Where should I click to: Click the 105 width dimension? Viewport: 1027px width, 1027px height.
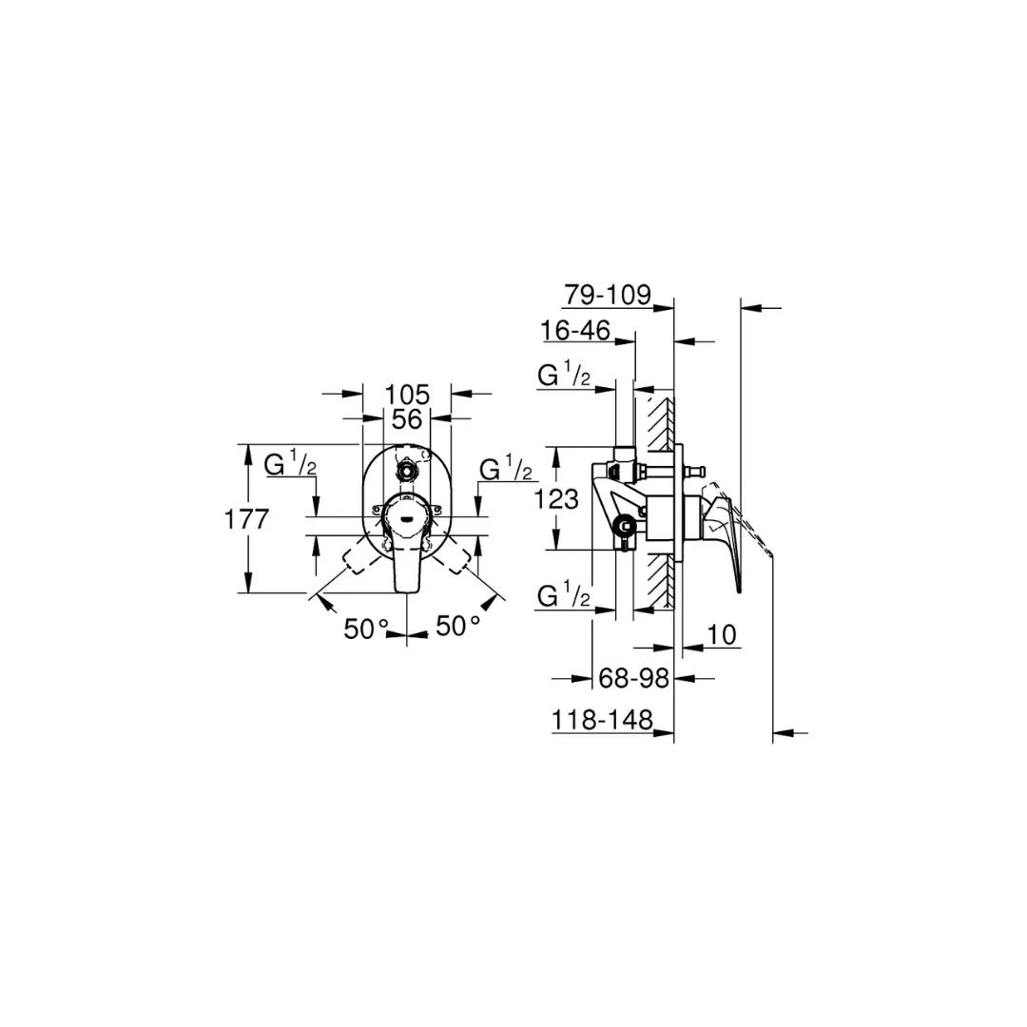coord(407,394)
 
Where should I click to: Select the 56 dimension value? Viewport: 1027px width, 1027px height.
coord(407,418)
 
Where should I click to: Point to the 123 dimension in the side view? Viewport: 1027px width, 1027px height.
coord(557,498)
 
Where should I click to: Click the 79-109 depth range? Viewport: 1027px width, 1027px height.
coord(607,295)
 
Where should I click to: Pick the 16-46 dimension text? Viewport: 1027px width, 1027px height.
coord(575,331)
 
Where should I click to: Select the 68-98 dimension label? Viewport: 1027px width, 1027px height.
coord(632,678)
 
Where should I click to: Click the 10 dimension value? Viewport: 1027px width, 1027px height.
coord(723,634)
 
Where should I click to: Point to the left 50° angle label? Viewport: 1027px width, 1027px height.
coord(367,629)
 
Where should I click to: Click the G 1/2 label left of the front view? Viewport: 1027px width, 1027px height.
coord(290,466)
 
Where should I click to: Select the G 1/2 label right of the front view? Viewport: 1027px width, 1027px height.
coord(505,470)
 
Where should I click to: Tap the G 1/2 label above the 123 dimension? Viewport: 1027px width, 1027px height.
coord(564,377)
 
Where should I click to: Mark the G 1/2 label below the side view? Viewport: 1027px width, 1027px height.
coord(564,597)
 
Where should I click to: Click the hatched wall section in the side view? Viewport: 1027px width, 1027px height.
coord(655,428)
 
